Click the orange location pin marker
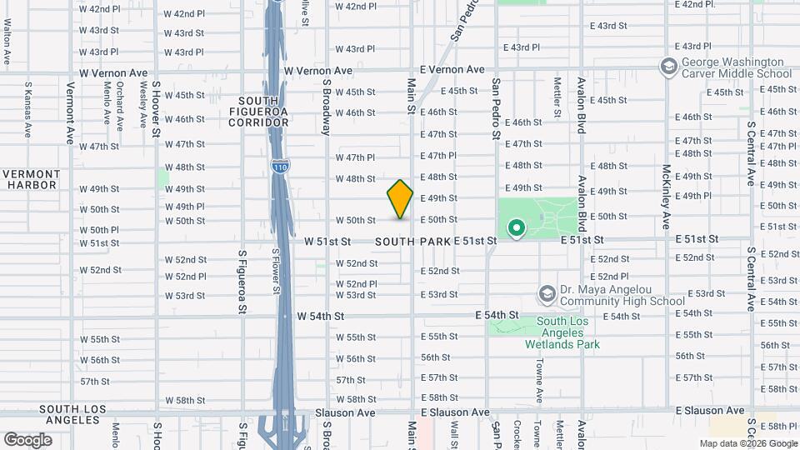pos(400,198)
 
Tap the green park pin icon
pos(516,227)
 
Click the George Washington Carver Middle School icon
pos(668,66)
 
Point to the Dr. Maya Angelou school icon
pos(547,293)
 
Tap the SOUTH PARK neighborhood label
pos(412,242)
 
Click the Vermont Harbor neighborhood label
pos(32,179)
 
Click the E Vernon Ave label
pos(452,70)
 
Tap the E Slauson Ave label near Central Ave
pos(710,411)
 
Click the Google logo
pos(27,439)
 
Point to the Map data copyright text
pos(748,443)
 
